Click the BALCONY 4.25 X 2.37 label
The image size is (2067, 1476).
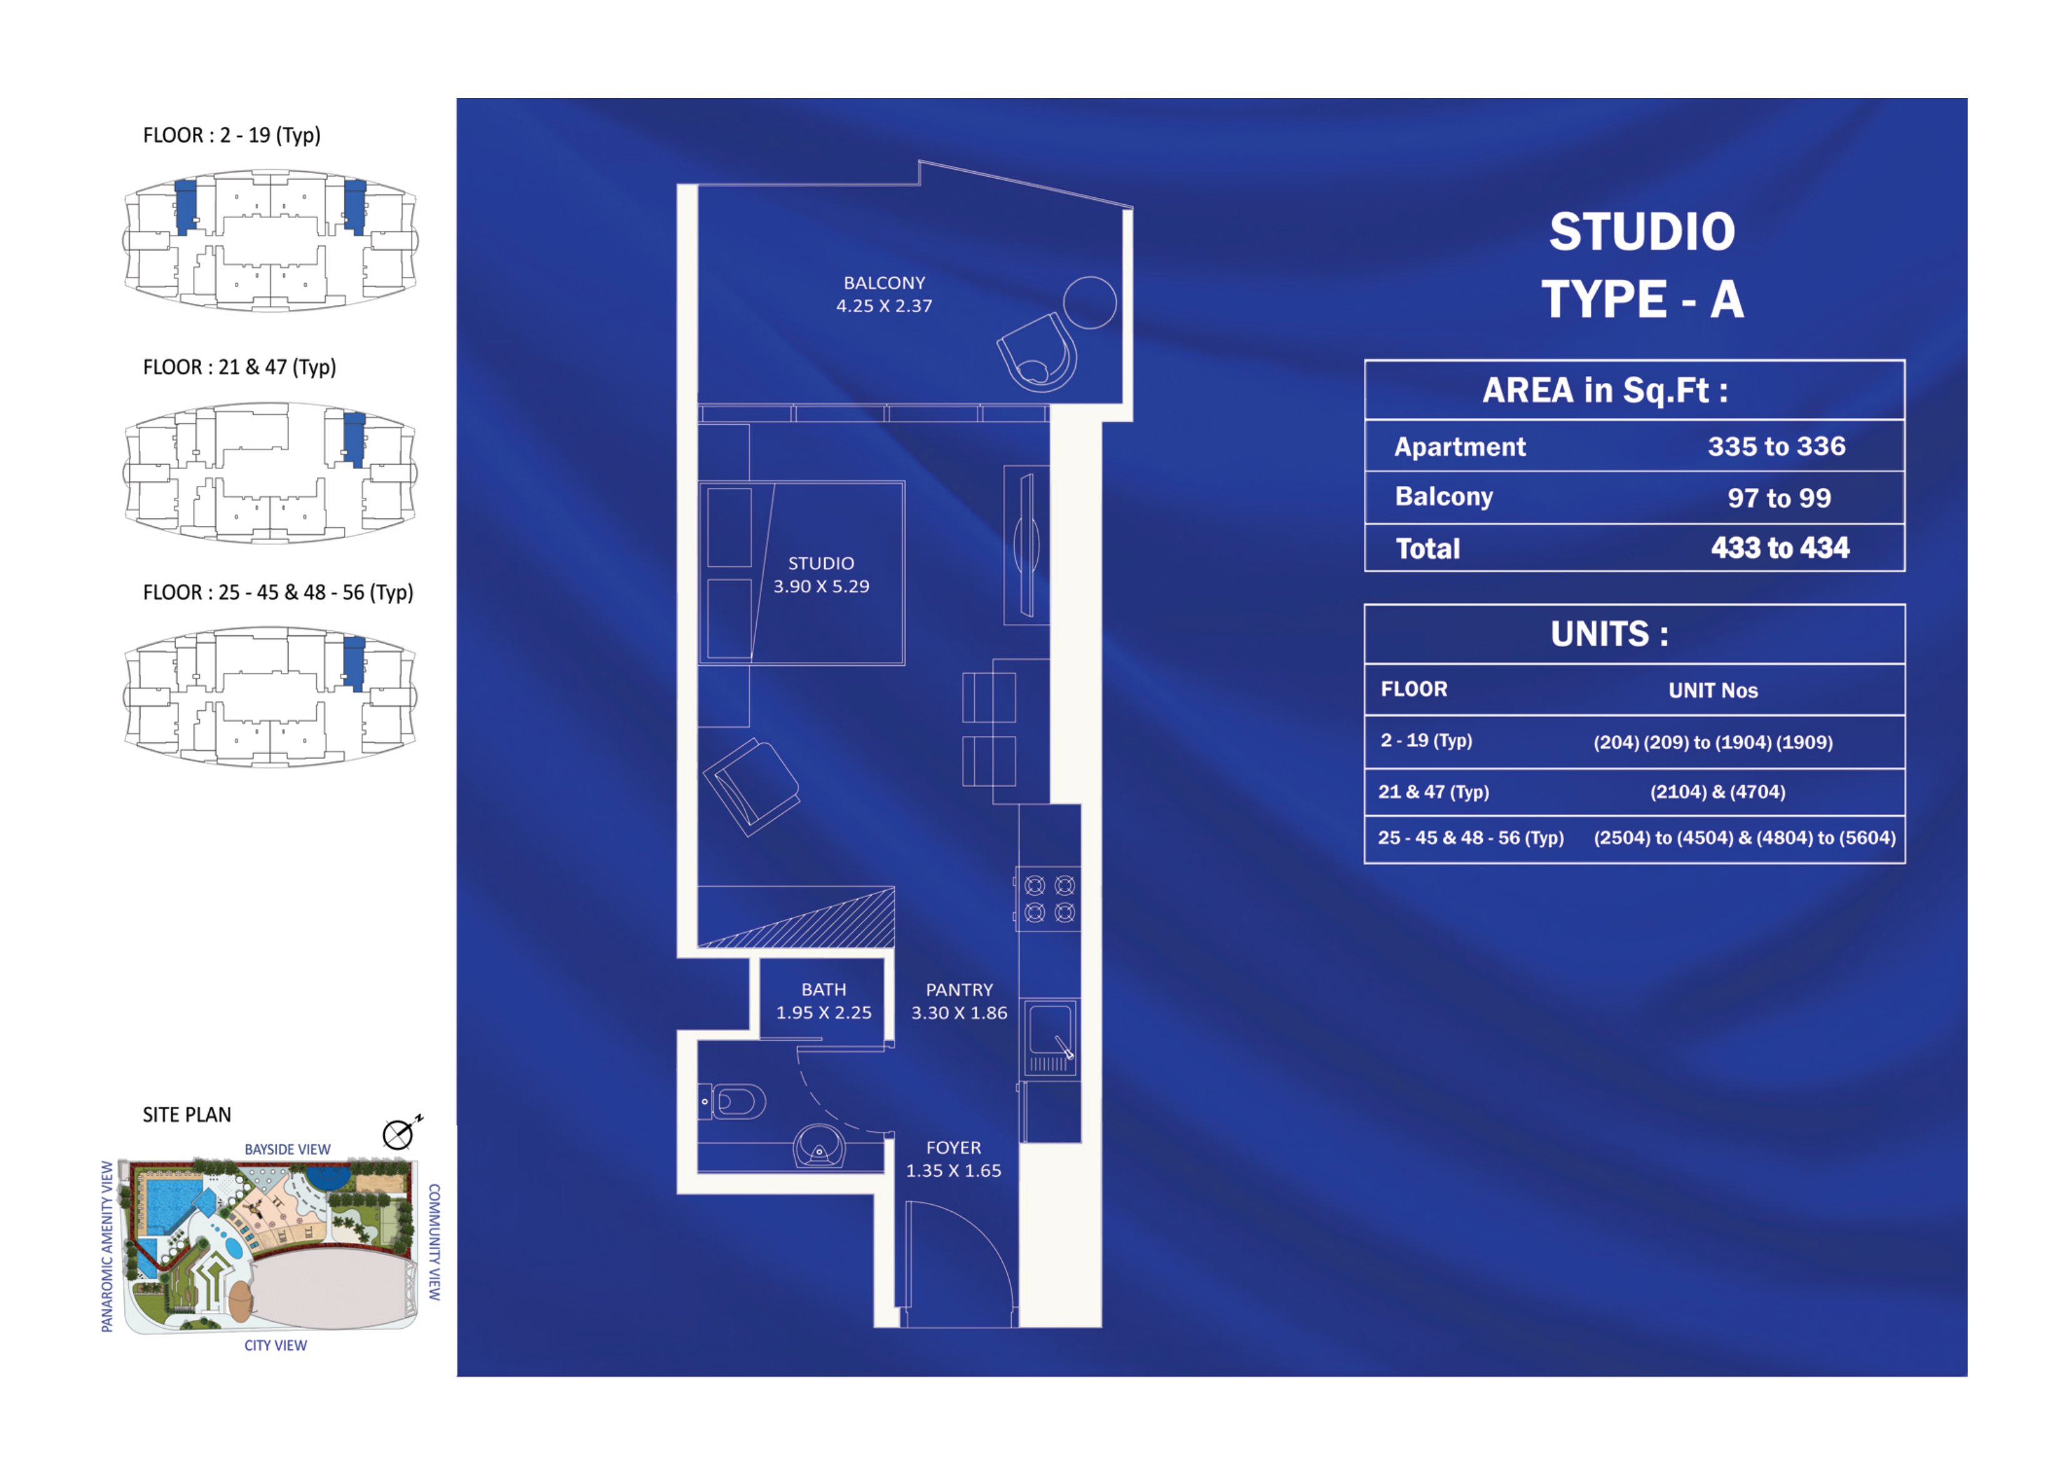tap(884, 294)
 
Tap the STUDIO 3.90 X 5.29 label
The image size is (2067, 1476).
tap(821, 575)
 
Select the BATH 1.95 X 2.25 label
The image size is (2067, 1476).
tap(824, 1001)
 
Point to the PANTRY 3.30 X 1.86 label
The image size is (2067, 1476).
tap(959, 1001)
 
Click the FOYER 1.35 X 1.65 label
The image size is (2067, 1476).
tap(954, 1159)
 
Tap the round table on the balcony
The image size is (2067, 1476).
tap(1089, 302)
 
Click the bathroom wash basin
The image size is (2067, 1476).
tap(819, 1147)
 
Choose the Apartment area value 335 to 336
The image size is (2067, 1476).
tap(1776, 446)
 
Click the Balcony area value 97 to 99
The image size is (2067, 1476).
tap(1779, 498)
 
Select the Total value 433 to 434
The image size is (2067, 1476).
tap(1780, 548)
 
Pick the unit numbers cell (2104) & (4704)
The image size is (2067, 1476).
tap(1717, 791)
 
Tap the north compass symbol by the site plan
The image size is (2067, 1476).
tap(400, 1132)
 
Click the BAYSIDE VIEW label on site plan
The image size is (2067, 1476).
tap(287, 1150)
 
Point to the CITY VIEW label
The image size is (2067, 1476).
tap(276, 1345)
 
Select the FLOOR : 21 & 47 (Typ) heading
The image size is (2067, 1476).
tap(239, 367)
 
